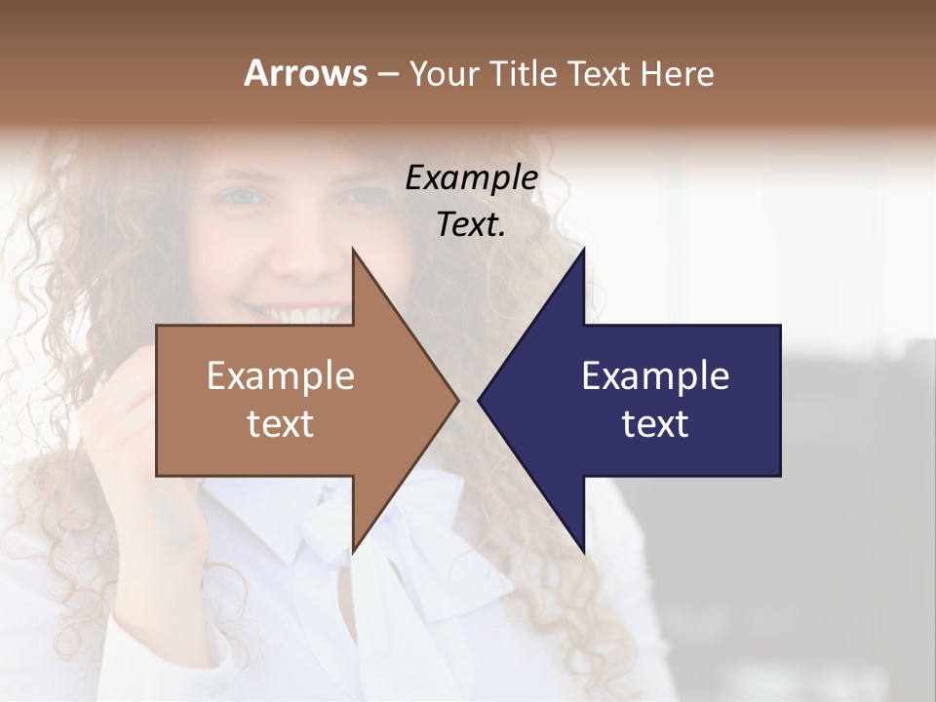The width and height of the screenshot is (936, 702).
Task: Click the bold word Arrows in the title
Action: pos(304,73)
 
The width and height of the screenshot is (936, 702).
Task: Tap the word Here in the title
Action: pos(677,73)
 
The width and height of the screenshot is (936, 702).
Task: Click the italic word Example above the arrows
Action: pos(471,178)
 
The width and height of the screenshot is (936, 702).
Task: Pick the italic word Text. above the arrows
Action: pos(471,224)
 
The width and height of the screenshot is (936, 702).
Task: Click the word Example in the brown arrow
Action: pos(281,375)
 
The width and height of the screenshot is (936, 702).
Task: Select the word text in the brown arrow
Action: pos(281,424)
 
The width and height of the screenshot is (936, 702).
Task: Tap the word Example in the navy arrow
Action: pos(655,375)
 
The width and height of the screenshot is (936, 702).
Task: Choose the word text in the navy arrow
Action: pos(655,424)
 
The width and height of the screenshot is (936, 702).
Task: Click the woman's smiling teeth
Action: pos(300,316)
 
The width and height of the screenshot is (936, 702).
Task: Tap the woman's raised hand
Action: pos(127,429)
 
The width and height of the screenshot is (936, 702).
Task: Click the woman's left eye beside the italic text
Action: pos(363,195)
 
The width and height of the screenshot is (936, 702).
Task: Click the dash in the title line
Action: pos(387,74)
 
